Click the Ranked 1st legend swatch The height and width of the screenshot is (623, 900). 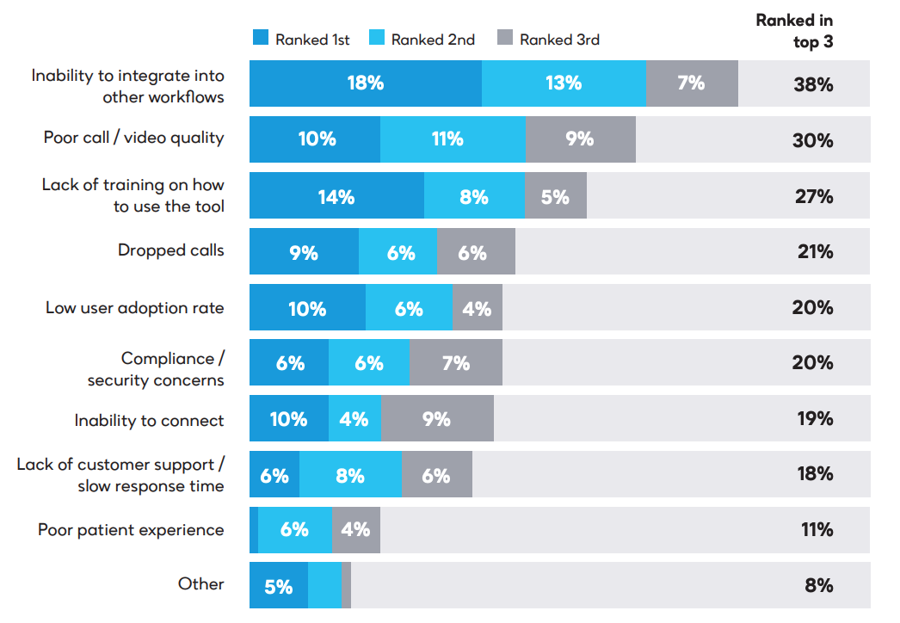[260, 39]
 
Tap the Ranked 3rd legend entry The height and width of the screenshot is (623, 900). [548, 39]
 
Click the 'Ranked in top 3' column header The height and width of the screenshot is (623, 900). [794, 30]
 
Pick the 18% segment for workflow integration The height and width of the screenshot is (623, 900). [366, 83]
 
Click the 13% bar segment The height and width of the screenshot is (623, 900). [564, 83]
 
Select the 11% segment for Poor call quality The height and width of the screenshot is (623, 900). [453, 139]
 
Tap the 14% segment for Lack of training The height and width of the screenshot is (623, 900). [336, 195]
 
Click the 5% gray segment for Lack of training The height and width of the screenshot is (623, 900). [555, 195]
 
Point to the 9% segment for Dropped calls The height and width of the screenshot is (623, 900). [304, 252]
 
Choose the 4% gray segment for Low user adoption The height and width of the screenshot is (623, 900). [477, 308]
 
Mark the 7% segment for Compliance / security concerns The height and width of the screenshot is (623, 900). [455, 363]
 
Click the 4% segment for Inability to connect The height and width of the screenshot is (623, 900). [354, 419]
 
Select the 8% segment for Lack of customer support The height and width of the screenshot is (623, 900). [350, 475]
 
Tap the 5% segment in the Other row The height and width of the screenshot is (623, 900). [278, 586]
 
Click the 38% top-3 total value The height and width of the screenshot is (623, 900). [813, 84]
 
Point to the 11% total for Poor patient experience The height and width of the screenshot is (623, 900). [817, 530]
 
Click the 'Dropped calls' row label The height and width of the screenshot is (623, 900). [170, 250]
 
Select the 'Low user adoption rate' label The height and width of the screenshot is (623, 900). [134, 307]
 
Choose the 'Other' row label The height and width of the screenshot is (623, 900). [200, 584]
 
